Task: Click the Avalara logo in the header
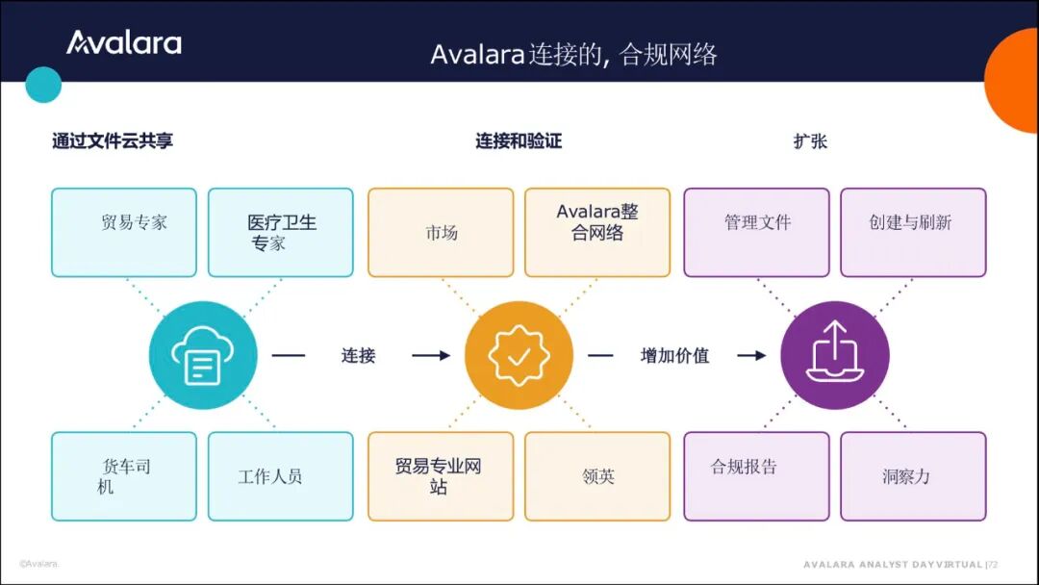pyautogui.click(x=123, y=42)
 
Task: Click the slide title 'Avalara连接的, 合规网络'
pyautogui.click(x=573, y=54)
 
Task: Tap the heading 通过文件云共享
pyautogui.click(x=113, y=141)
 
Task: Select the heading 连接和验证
pyautogui.click(x=519, y=141)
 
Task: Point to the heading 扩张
pyautogui.click(x=810, y=141)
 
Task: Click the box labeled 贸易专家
pyautogui.click(x=123, y=232)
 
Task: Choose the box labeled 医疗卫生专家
pyautogui.click(x=280, y=232)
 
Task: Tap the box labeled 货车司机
pyautogui.click(x=123, y=476)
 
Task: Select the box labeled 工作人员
pyautogui.click(x=280, y=476)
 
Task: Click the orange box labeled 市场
pyautogui.click(x=441, y=232)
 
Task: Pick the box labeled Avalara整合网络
pyautogui.click(x=597, y=232)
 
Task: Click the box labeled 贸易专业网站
pyautogui.click(x=441, y=476)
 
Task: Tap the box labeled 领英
pyautogui.click(x=597, y=476)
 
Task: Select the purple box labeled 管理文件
pyautogui.click(x=756, y=232)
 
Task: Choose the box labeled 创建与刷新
pyautogui.click(x=913, y=232)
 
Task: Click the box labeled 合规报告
pyautogui.click(x=756, y=476)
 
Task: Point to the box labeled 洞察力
pyautogui.click(x=913, y=476)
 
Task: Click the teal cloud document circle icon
pyautogui.click(x=203, y=355)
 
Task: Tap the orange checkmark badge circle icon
pyautogui.click(x=519, y=355)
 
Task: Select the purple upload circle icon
pyautogui.click(x=834, y=355)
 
